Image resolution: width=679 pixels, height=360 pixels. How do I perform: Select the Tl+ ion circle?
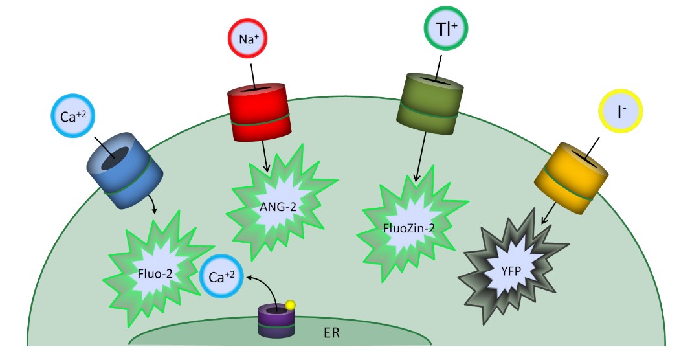pos(446,30)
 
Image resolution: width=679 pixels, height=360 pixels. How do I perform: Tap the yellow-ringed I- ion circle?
pos(621,112)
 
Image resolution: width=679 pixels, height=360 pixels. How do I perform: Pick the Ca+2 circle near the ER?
pos(221,276)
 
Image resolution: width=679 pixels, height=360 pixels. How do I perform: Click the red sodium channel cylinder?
pos(257,113)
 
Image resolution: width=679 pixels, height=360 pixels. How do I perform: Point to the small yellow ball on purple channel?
pos(291,305)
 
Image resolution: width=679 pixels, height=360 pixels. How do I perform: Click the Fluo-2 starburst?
pos(153,273)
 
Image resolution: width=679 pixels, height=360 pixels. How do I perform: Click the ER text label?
pos(331,335)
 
